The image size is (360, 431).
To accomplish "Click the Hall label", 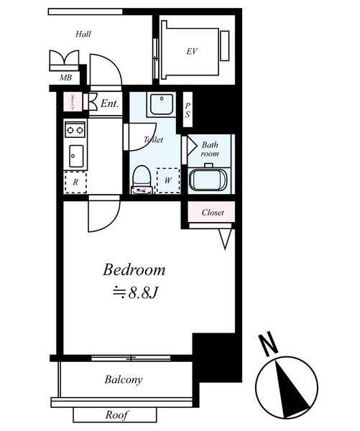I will [83, 33].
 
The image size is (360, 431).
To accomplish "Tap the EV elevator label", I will [192, 51].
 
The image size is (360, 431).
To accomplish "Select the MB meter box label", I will [65, 78].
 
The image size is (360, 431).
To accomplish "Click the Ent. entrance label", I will [109, 103].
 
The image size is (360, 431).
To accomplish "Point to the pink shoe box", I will [73, 103].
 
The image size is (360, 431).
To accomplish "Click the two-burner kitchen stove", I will [75, 129].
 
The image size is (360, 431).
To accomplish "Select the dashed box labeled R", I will [75, 182].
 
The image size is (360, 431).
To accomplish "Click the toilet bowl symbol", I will [142, 178].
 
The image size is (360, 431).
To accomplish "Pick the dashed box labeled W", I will [167, 180].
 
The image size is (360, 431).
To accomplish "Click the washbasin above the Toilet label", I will [160, 106].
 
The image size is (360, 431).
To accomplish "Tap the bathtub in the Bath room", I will [208, 180].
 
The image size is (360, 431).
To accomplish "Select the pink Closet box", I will [212, 213].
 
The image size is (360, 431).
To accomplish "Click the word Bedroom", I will [134, 271].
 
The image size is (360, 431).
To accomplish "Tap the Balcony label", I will [123, 379].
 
